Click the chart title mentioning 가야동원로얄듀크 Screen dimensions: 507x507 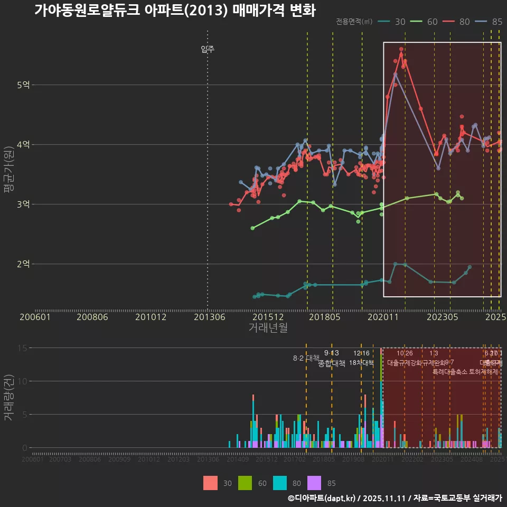coord(174,11)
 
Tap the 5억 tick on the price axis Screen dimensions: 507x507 coord(24,84)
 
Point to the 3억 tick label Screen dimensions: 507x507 coord(24,204)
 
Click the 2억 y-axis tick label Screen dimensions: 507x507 coord(24,264)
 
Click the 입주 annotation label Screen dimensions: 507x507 coord(208,50)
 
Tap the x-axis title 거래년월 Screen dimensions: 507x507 coord(268,328)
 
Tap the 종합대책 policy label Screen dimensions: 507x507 coord(332,363)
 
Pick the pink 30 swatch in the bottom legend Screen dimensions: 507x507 coord(210,483)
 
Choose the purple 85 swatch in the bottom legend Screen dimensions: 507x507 coord(314,483)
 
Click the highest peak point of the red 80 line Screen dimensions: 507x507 coord(401,49)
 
